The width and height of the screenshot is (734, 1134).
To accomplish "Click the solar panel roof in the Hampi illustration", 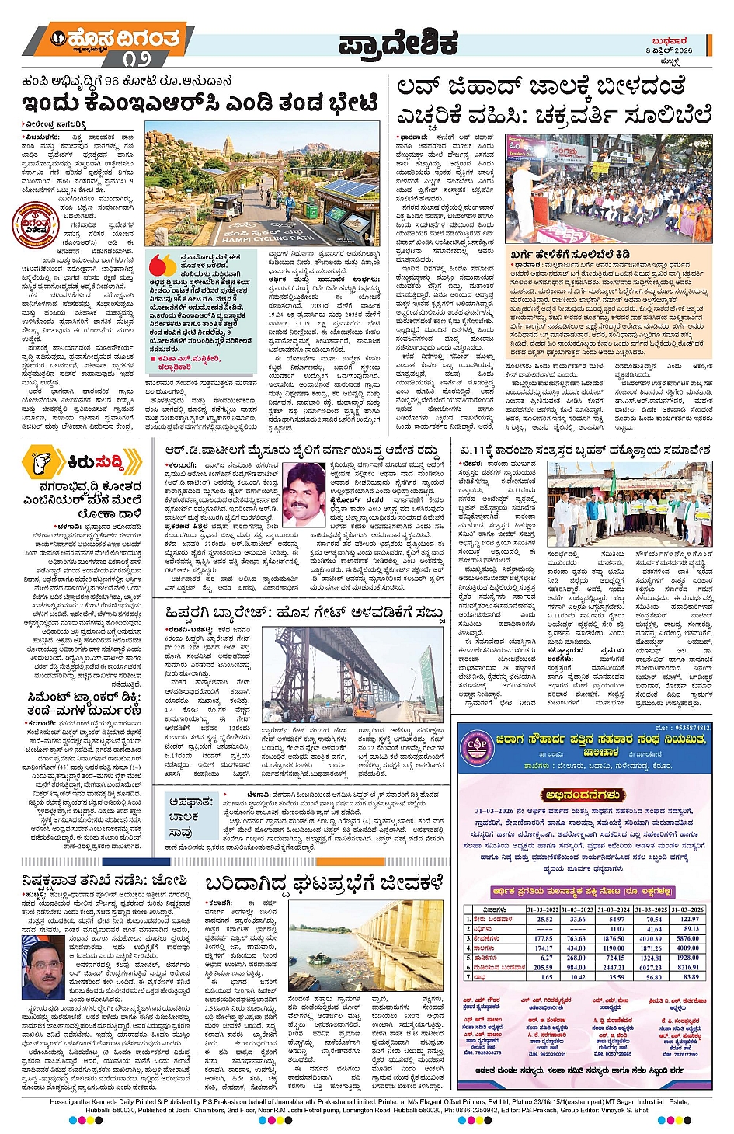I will pyautogui.click(x=343, y=193).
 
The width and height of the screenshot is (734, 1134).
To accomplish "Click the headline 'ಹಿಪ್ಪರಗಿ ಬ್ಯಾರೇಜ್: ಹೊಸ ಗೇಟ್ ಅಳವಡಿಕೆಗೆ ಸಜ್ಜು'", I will pyautogui.click(x=304, y=613).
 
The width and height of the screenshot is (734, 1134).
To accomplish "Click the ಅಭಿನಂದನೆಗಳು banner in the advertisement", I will pyautogui.click(x=584, y=795).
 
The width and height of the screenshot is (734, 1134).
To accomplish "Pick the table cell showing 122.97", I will pyautogui.click(x=691, y=919).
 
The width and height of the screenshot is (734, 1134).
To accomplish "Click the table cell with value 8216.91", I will pyautogui.click(x=691, y=967).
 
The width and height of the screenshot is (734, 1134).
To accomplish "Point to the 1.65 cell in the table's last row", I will pyautogui.click(x=544, y=977).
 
